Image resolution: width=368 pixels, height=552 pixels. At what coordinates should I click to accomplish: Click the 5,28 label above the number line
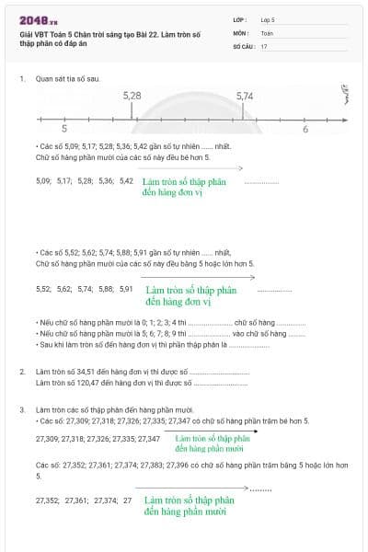pos(132,96)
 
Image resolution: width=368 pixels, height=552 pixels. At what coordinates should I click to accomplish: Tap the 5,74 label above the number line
pos(245,96)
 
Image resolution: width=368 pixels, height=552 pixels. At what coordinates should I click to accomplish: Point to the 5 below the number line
pos(63,130)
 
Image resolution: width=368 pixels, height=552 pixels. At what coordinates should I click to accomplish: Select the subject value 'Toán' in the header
pos(267,32)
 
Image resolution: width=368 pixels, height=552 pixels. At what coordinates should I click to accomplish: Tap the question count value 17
pos(264,45)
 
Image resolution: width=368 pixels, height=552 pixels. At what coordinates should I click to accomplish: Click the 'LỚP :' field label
pos(241,19)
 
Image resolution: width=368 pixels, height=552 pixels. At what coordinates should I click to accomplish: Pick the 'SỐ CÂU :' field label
pos(243,45)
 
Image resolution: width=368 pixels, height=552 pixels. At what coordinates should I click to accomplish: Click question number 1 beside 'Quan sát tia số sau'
pos(21,79)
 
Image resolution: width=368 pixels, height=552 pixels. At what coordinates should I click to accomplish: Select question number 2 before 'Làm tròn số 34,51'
pos(21,372)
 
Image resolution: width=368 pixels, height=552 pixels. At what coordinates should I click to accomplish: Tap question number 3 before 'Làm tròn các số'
pos(21,408)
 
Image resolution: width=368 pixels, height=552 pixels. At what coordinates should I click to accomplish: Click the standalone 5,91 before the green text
pos(125,289)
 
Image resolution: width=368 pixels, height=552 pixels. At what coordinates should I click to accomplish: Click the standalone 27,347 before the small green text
pos(147,439)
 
